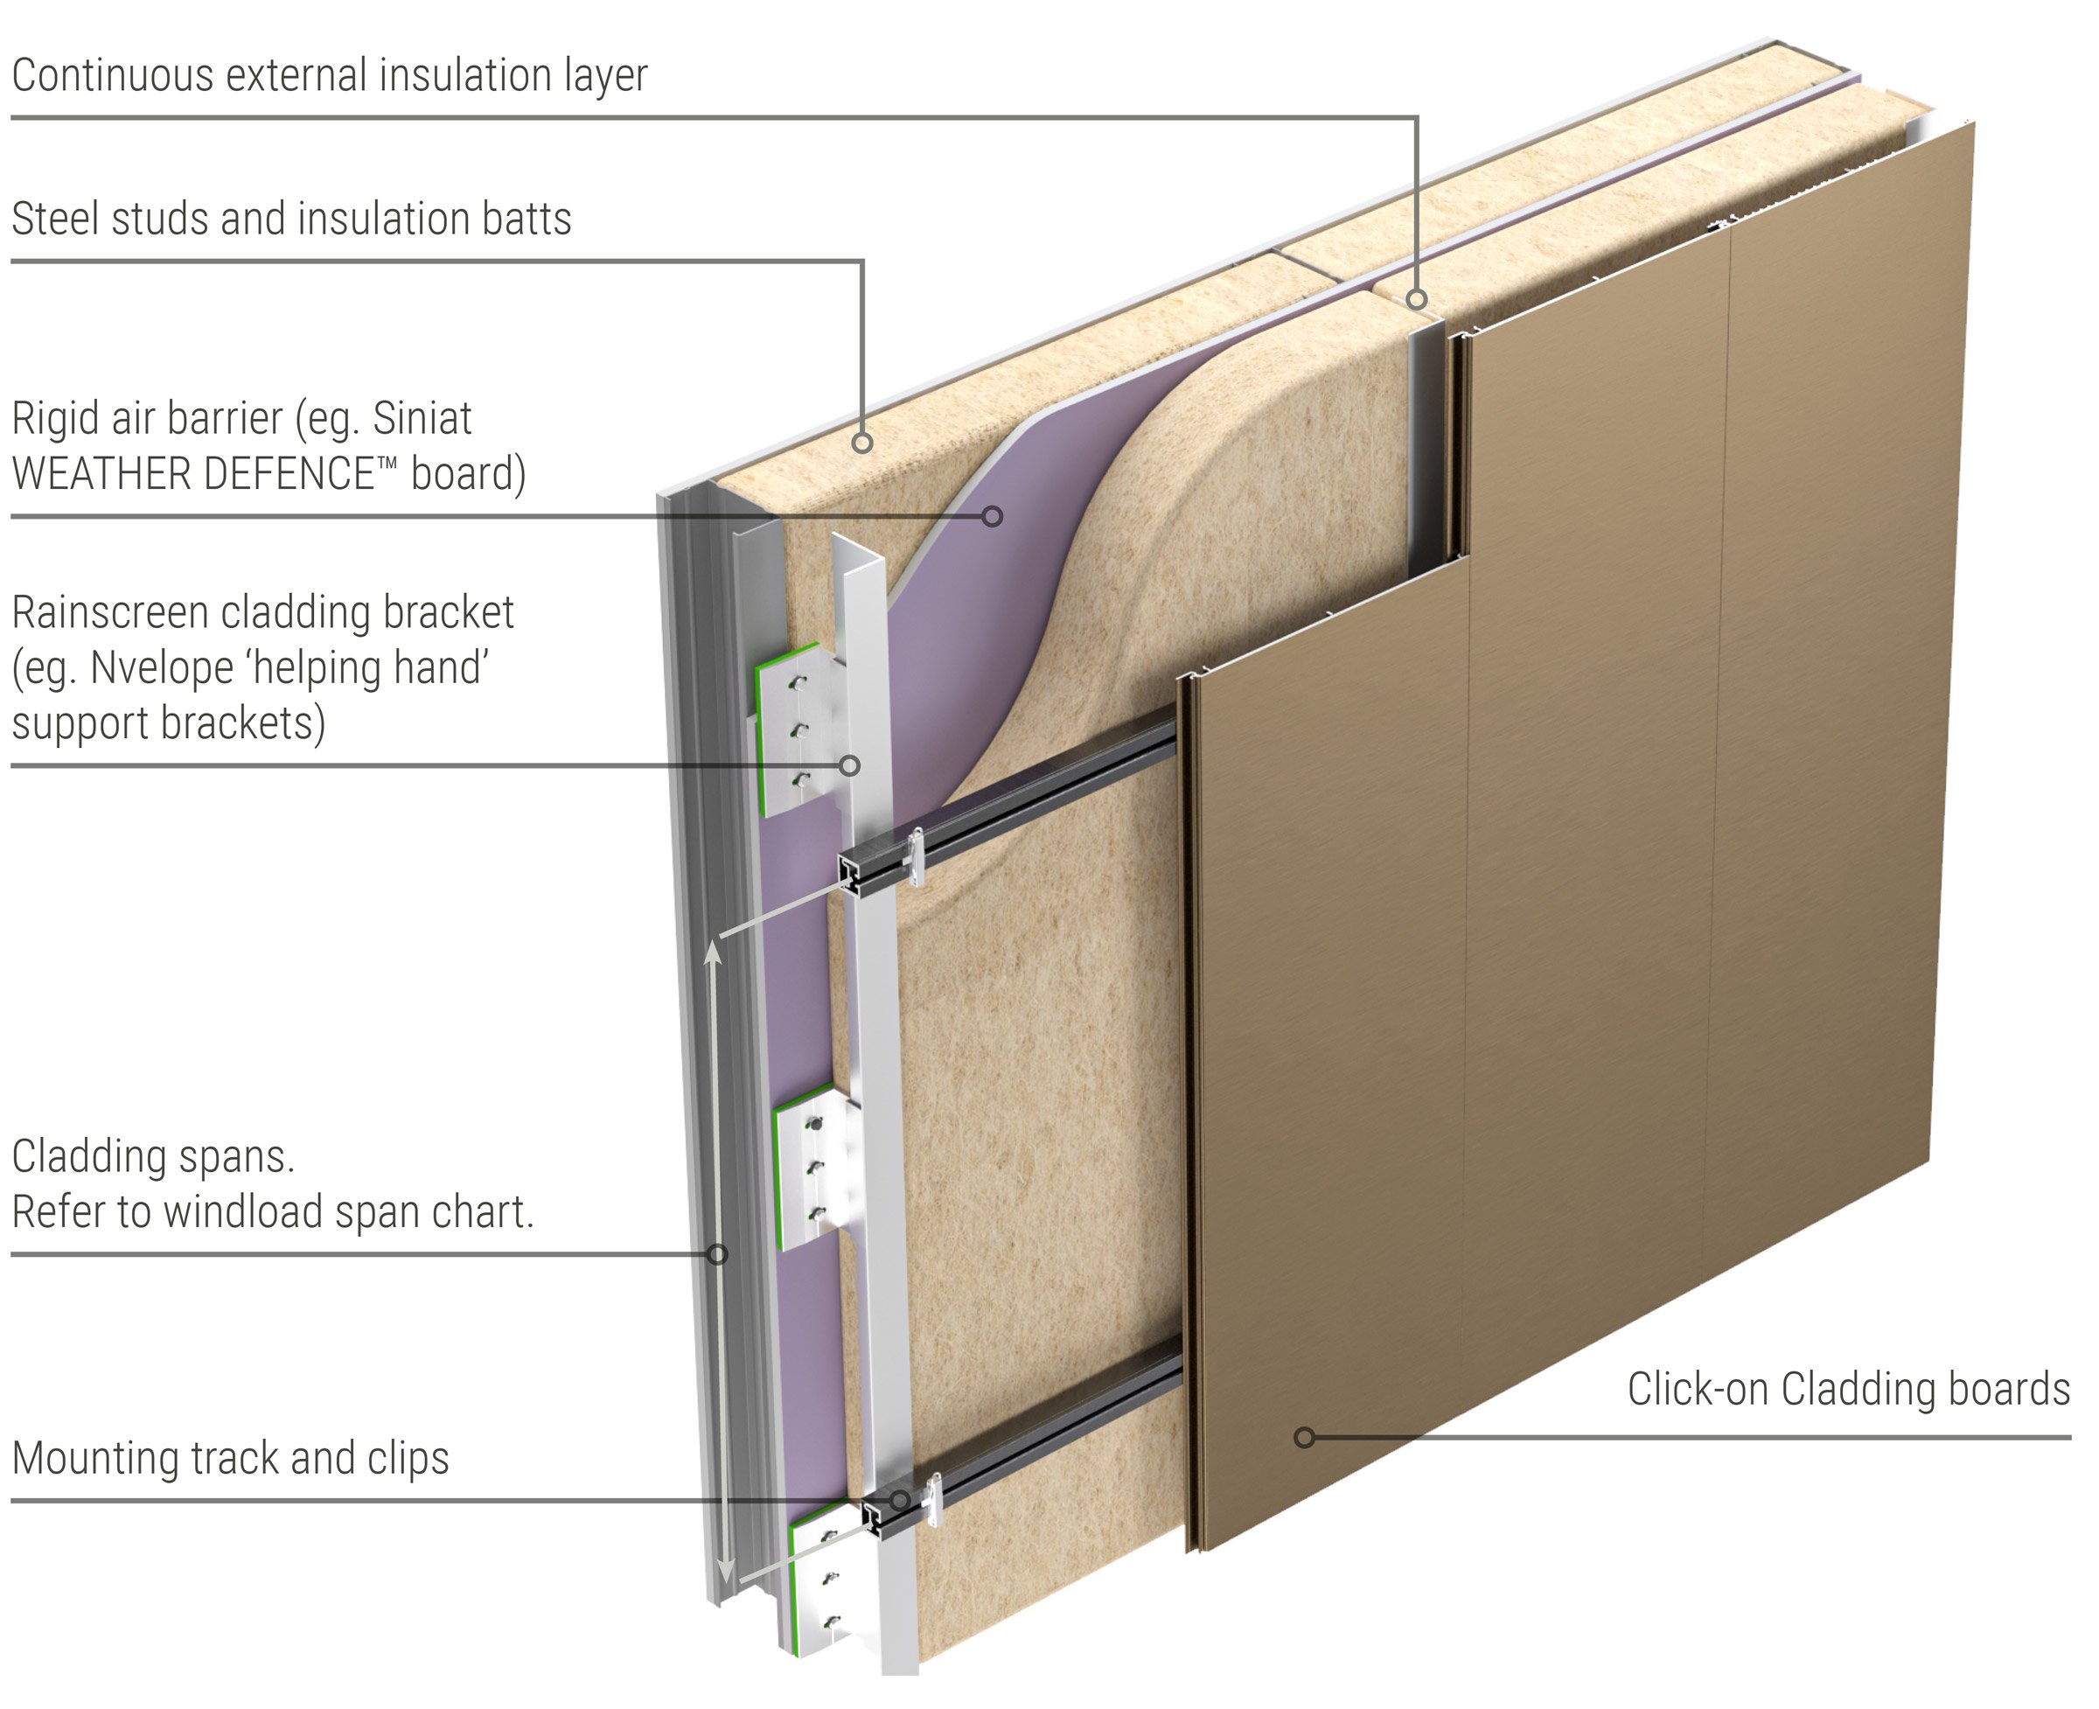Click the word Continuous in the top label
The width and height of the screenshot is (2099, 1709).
tap(112, 76)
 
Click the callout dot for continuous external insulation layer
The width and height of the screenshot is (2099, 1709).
tap(1417, 299)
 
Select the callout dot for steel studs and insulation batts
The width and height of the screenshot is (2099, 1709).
tap(862, 443)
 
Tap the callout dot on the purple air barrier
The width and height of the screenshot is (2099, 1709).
tap(993, 516)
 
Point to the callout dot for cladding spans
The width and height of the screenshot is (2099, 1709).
tap(719, 1254)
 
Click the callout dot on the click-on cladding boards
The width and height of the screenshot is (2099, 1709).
tap(1305, 1437)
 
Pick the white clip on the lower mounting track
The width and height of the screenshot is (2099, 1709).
tap(931, 1503)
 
